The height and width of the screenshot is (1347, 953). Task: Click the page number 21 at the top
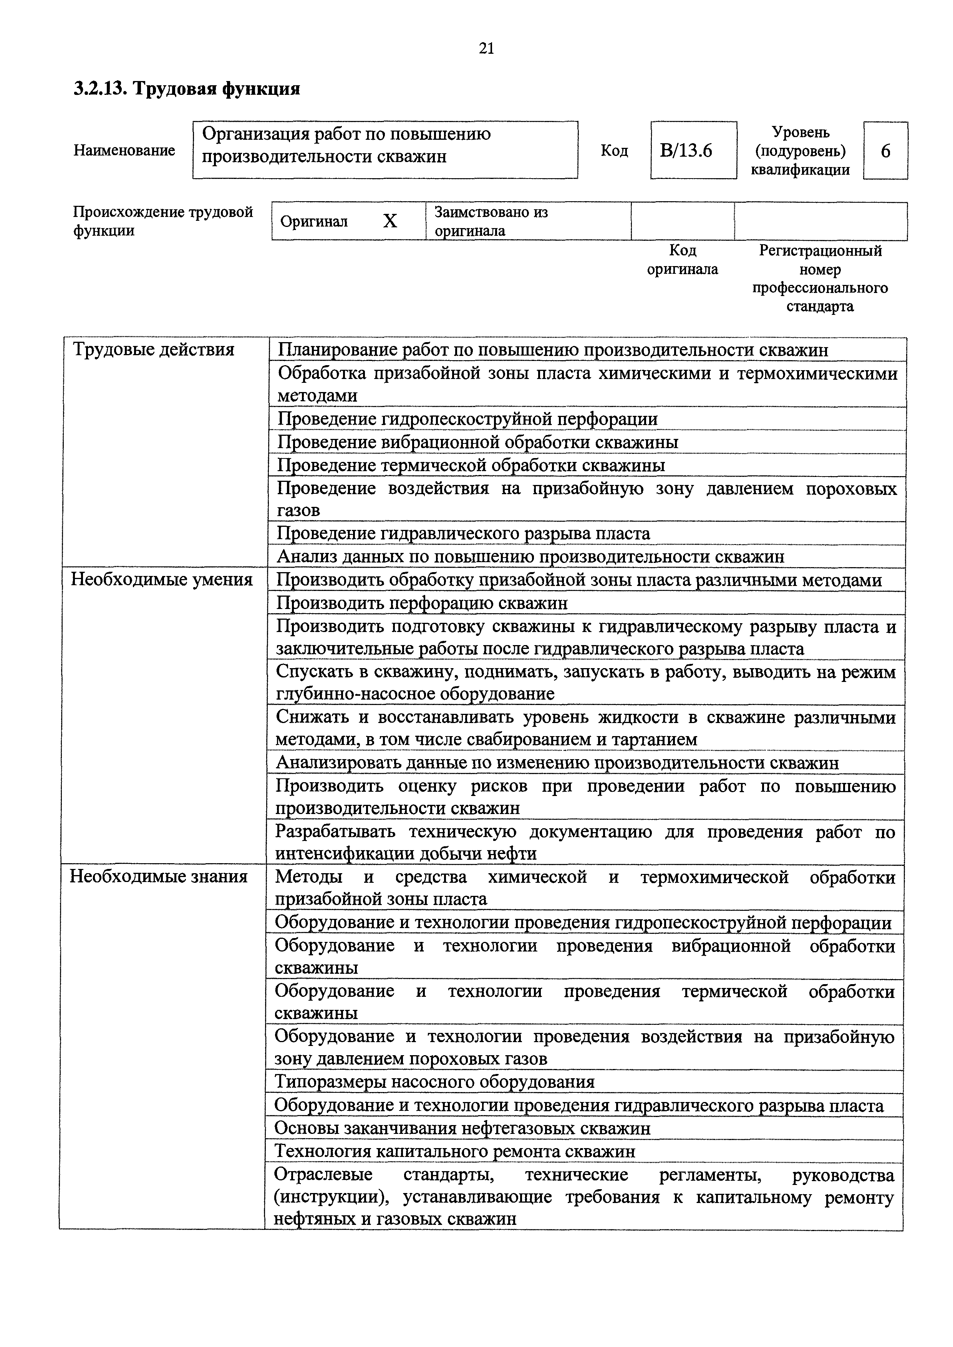tap(486, 49)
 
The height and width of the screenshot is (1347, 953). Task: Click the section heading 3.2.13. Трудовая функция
tap(187, 89)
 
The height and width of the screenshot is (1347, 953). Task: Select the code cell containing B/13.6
tap(693, 151)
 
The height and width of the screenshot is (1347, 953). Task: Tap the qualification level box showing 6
tap(885, 151)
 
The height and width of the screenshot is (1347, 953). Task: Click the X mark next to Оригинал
tap(390, 221)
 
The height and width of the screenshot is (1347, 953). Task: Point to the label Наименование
tap(124, 151)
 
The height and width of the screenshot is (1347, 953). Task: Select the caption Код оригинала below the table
tap(683, 260)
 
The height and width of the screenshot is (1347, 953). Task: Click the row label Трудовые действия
tap(154, 350)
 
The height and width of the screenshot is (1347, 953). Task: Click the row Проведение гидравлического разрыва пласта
tap(464, 533)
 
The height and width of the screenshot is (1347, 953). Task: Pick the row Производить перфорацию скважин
tap(422, 603)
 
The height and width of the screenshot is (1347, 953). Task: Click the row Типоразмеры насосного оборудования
tap(435, 1082)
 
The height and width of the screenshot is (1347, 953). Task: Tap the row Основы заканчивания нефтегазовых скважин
tap(462, 1128)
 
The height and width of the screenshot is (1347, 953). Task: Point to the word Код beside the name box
tap(615, 151)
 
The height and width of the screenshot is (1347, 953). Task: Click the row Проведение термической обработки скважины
tap(471, 465)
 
